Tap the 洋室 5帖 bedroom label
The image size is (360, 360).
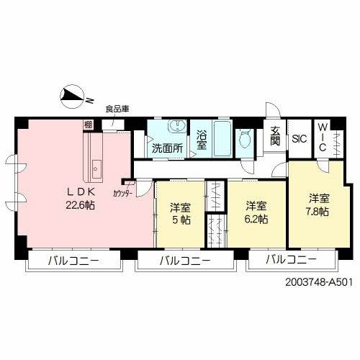tap(181, 214)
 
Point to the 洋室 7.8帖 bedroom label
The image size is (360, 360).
tap(318, 205)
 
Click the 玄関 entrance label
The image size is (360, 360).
tap(275, 136)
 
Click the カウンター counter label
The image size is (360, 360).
tap(122, 193)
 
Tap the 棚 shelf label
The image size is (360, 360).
tap(87, 125)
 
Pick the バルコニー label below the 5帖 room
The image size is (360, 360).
tap(185, 260)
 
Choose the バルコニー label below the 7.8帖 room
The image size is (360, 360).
tap(291, 260)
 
